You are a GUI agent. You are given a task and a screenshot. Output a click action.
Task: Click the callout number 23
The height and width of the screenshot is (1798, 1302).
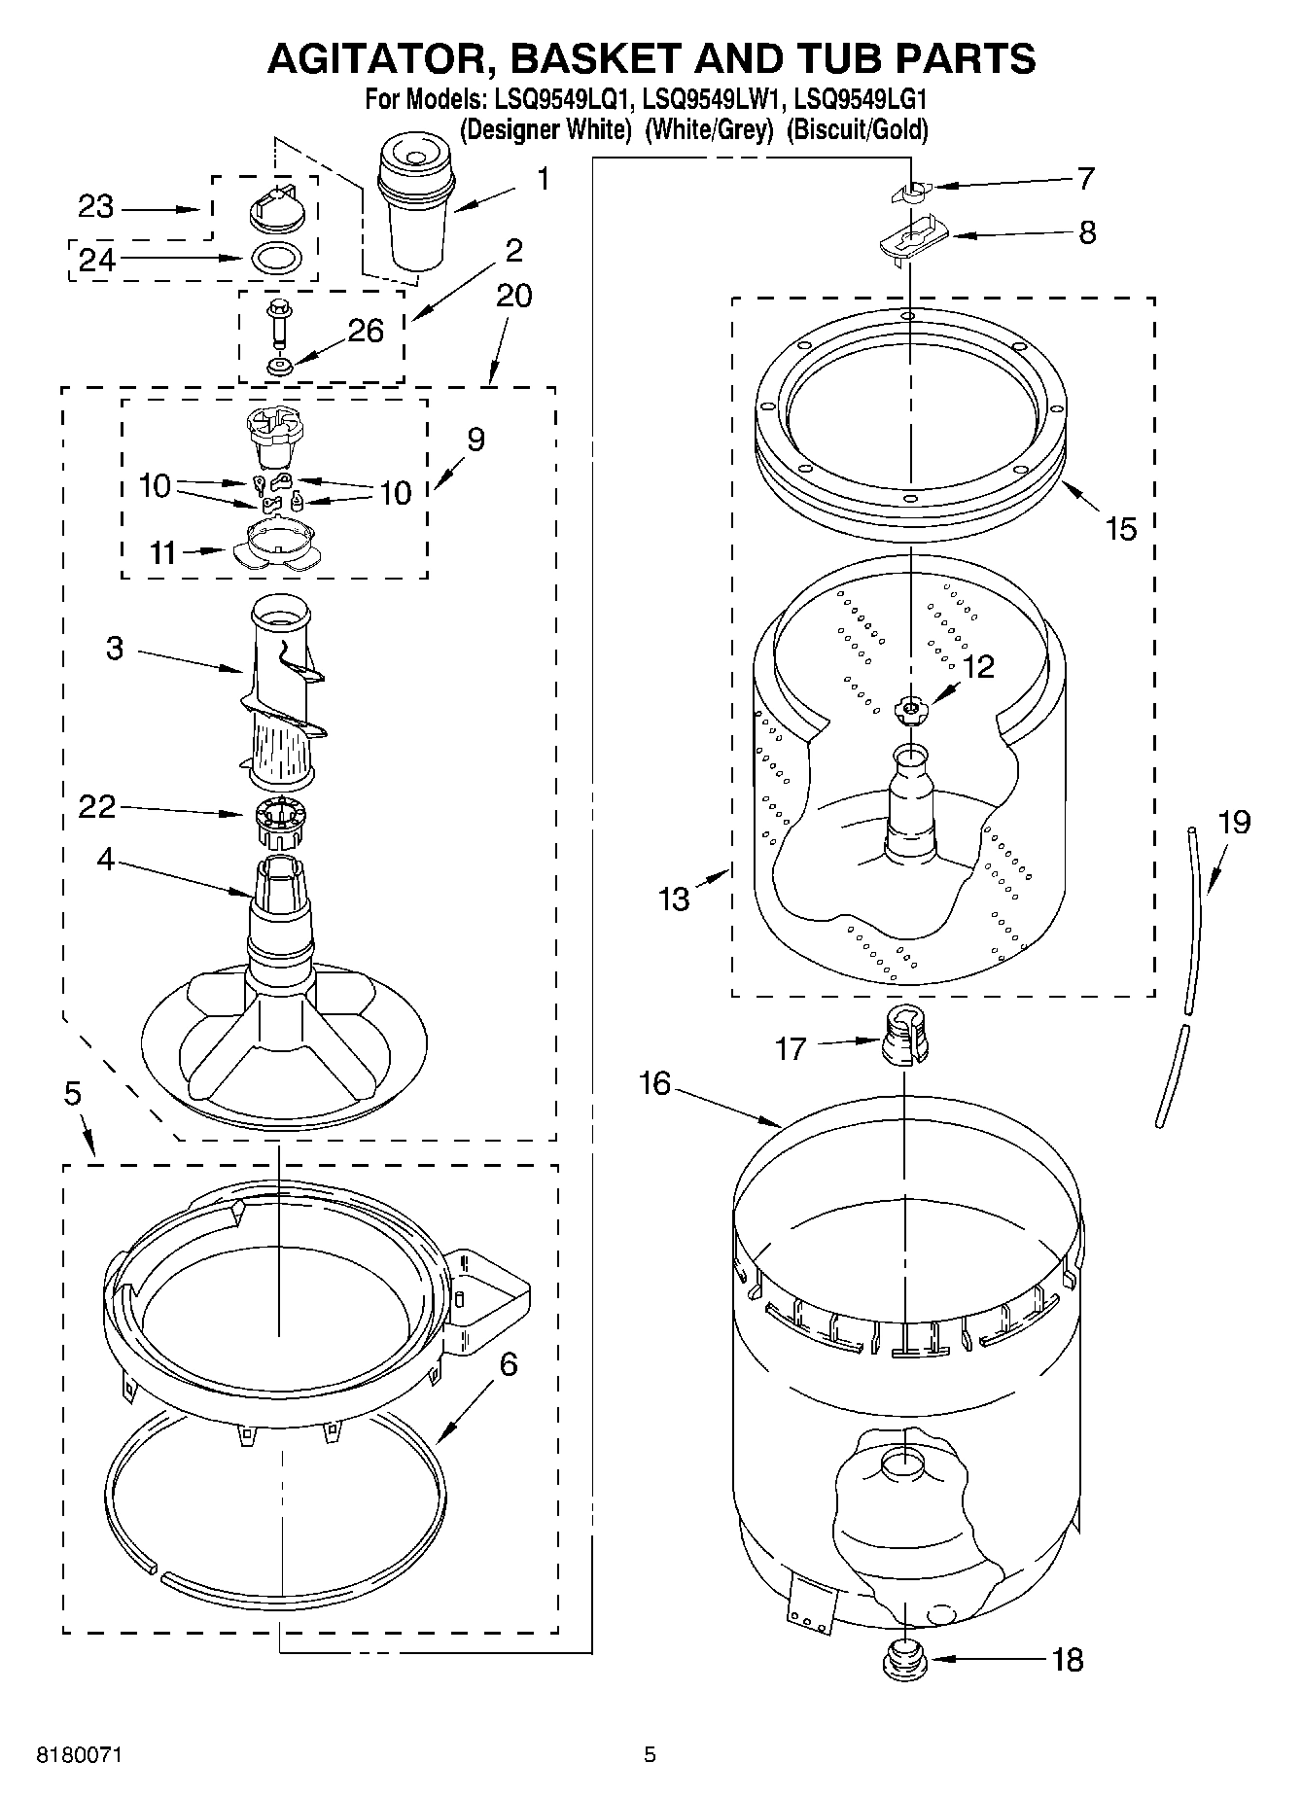pos(95,207)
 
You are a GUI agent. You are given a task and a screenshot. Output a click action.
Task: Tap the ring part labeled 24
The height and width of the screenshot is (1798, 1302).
pos(277,259)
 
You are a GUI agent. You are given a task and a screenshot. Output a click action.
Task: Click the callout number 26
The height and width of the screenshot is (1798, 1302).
pos(365,331)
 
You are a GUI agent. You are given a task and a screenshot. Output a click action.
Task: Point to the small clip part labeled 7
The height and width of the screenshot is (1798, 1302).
pos(911,191)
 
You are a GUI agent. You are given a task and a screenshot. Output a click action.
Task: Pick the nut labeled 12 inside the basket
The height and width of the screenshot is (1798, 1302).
pos(910,711)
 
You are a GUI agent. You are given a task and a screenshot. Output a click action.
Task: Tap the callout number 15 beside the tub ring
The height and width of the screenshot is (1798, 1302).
pos(1120,529)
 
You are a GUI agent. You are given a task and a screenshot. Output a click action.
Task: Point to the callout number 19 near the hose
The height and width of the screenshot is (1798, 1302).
pos(1233,823)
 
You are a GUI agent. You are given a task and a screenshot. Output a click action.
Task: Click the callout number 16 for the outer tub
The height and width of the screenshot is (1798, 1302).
pos(655,1082)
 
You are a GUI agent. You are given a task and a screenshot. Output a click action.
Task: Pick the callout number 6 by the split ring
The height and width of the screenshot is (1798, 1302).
pos(508,1364)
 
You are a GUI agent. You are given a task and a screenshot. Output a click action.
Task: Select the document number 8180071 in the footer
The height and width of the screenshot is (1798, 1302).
pos(80,1755)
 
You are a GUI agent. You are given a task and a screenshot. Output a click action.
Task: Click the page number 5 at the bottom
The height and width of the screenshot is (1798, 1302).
pos(650,1755)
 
